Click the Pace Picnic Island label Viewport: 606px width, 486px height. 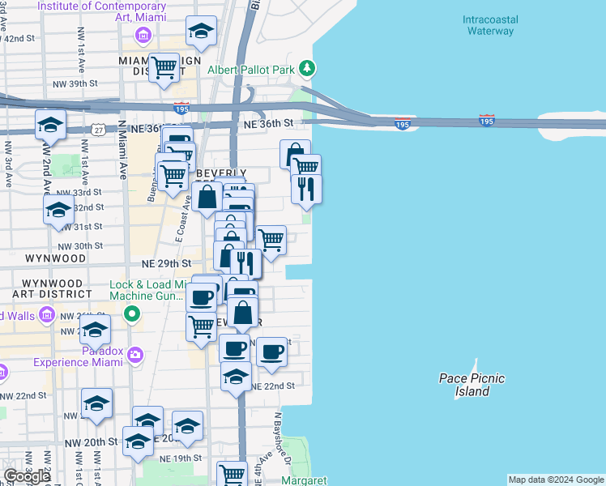[472, 385]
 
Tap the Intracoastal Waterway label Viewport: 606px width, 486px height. [490, 25]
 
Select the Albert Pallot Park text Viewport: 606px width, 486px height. [251, 70]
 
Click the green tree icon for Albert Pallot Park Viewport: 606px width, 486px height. [306, 67]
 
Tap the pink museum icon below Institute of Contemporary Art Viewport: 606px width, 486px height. [143, 35]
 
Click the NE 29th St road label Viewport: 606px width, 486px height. [166, 264]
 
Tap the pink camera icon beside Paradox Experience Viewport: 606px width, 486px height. [134, 353]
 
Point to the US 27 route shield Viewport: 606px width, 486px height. [97, 130]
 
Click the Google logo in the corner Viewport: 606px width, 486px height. [27, 476]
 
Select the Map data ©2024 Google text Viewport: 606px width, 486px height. [555, 480]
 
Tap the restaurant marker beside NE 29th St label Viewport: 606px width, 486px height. [245, 262]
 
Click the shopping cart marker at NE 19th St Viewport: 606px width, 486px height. [233, 474]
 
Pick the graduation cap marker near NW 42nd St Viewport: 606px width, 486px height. [201, 32]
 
